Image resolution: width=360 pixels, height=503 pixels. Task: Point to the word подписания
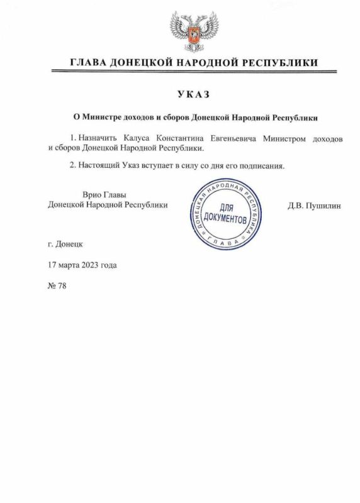[x=263, y=166]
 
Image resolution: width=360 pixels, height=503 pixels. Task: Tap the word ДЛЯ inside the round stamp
[x=227, y=208]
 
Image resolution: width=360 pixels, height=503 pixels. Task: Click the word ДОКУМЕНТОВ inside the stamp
[x=227, y=219]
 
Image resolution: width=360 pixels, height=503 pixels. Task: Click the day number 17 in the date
[x=53, y=265]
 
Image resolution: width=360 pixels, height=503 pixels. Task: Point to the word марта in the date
[x=69, y=265]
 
